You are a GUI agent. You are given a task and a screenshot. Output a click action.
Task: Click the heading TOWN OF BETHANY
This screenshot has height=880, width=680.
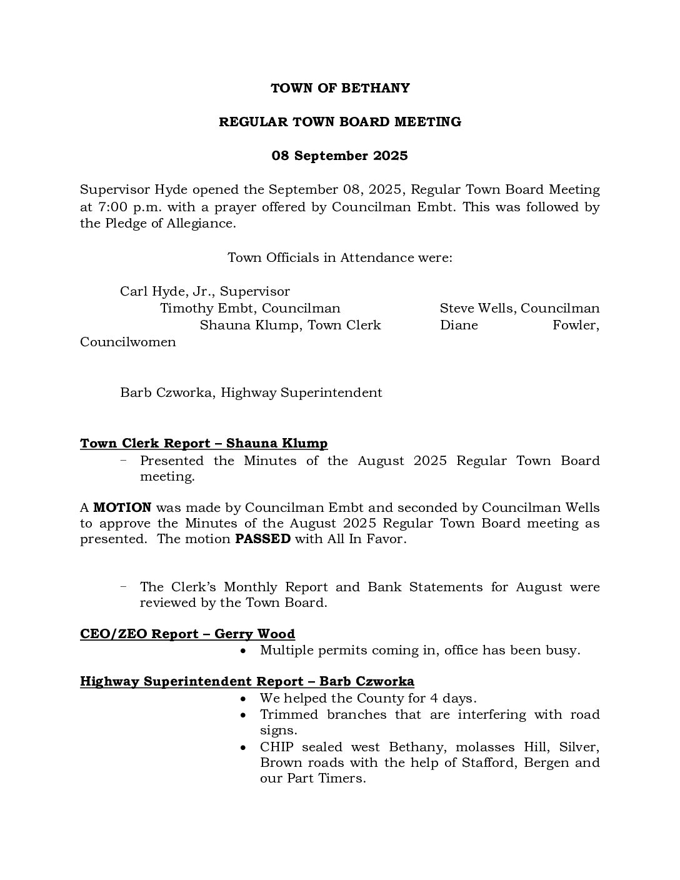point(340,88)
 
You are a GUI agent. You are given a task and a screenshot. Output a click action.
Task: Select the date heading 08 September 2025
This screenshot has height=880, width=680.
point(339,156)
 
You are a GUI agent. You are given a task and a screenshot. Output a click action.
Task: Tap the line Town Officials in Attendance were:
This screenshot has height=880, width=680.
point(339,257)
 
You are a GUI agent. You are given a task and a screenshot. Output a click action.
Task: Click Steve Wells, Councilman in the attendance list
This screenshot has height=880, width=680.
point(519,309)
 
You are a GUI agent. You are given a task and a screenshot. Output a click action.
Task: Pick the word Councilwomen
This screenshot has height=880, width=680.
point(128,342)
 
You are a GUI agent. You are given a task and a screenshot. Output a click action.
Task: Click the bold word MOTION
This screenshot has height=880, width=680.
point(122,508)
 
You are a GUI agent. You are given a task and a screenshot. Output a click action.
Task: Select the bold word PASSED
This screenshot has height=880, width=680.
point(262,539)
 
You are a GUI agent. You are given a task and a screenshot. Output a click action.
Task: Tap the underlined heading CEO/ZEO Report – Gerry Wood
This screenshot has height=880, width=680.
point(187,634)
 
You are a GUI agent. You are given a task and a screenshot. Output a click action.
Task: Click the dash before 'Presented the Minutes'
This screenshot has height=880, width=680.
point(124,461)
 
